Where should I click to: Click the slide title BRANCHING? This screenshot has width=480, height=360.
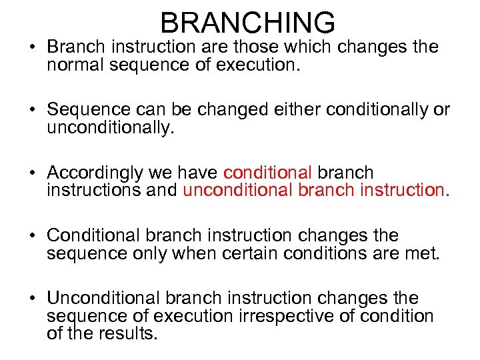[247, 22]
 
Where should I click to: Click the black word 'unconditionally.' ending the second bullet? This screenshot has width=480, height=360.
[110, 128]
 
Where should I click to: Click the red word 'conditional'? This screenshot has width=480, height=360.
[267, 173]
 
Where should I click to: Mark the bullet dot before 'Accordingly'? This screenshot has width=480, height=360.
[33, 173]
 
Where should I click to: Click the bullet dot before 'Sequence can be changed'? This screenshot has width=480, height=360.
[33, 110]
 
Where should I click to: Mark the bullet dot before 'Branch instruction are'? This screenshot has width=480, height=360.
[33, 48]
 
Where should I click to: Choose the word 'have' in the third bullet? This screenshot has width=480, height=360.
[197, 173]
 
